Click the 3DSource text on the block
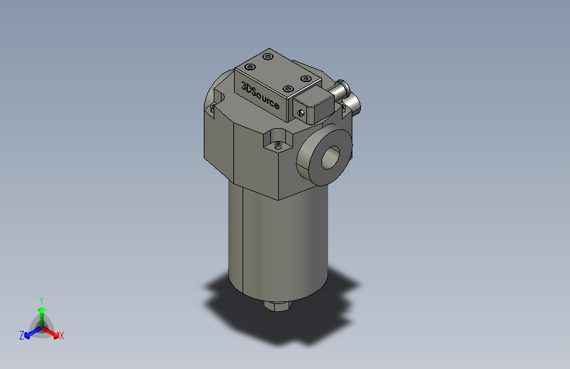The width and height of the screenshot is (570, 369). click(x=260, y=96)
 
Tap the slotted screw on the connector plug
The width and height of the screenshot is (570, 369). click(x=301, y=112)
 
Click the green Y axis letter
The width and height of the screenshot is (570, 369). click(x=41, y=299)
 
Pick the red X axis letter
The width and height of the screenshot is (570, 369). click(x=62, y=336)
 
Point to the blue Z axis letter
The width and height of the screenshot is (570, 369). click(x=22, y=336)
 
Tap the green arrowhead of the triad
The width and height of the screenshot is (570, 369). click(x=41, y=311)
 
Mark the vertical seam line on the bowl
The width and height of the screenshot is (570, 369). click(x=243, y=236)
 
